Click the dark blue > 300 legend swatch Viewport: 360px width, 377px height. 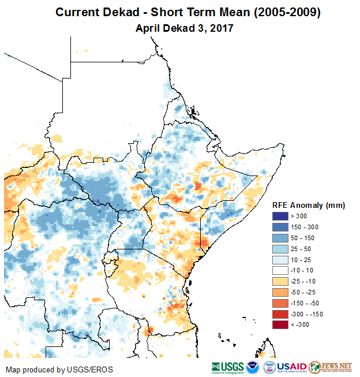[280, 215]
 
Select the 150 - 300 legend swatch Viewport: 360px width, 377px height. [280, 226]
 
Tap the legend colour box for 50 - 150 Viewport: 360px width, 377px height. [280, 237]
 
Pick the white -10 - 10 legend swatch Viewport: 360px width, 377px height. [280, 270]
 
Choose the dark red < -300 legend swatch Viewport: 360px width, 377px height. [280, 325]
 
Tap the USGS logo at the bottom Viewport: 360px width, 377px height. [227, 367]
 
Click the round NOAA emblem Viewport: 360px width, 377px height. [253, 367]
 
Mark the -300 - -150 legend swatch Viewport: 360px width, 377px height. [280, 314]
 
